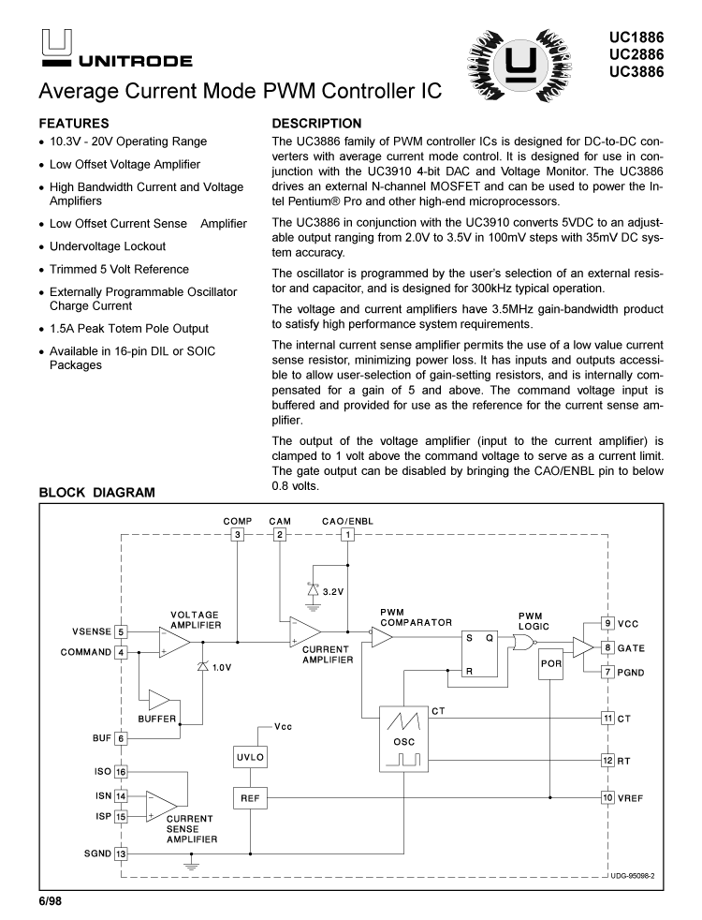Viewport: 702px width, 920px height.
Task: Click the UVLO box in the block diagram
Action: tap(251, 756)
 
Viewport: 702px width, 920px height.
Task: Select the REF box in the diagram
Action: tap(251, 797)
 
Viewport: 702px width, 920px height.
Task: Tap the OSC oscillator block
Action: tap(403, 738)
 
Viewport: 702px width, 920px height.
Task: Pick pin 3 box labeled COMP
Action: tap(238, 535)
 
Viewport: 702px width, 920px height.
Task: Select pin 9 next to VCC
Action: tap(607, 623)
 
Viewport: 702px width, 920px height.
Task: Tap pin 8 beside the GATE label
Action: tap(607, 647)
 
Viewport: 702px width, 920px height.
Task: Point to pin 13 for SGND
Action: tap(121, 853)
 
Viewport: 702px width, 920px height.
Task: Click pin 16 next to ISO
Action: tap(121, 772)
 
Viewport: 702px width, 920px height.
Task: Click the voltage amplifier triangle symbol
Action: tap(174, 643)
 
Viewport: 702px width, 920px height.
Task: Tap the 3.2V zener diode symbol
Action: tap(312, 591)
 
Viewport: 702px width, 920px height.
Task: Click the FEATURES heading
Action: tap(74, 123)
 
